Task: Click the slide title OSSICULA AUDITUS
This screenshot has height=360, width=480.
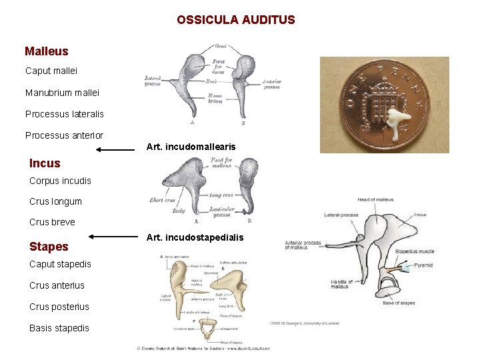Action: [x=235, y=20]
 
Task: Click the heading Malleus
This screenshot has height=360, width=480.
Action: [x=46, y=51]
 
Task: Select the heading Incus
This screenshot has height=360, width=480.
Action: [x=45, y=163]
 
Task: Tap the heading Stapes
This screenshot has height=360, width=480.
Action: [x=49, y=247]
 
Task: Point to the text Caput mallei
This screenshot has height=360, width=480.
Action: [x=51, y=71]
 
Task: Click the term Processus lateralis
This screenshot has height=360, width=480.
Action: [x=64, y=114]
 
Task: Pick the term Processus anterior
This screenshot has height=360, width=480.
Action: [x=64, y=135]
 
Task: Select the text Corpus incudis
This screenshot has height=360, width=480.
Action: [x=60, y=181]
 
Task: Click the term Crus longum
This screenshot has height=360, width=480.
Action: [x=55, y=201]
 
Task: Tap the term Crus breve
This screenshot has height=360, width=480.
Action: [x=52, y=222]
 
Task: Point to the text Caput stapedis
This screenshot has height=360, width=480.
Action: [x=60, y=264]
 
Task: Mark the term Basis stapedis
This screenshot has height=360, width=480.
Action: [x=59, y=328]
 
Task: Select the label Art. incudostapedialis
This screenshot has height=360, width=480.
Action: [x=195, y=237]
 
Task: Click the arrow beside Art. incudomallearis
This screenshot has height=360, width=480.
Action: [x=115, y=150]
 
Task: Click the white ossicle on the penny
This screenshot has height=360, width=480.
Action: [x=397, y=125]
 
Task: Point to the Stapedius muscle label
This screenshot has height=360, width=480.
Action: [x=415, y=251]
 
